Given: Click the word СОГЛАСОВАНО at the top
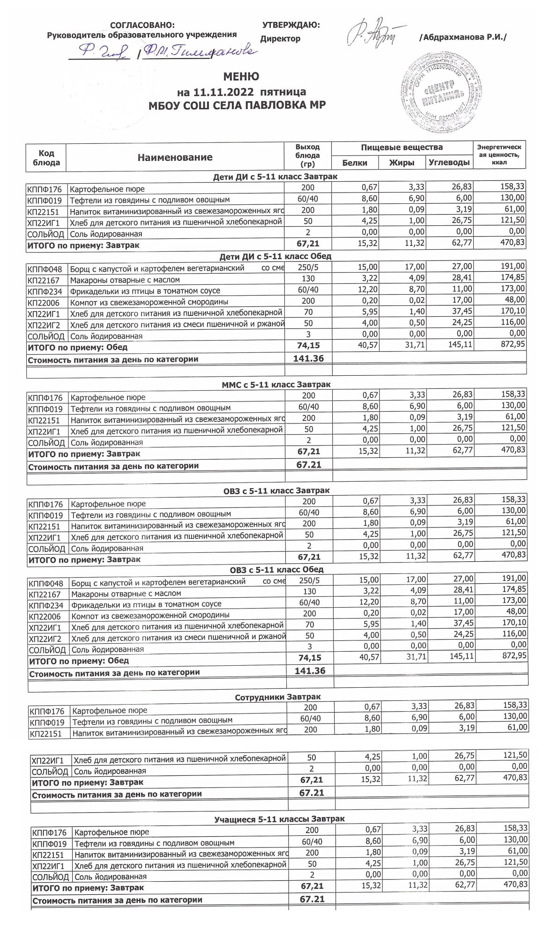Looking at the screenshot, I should [142, 25].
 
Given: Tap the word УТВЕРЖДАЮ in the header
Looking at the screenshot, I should [291, 25].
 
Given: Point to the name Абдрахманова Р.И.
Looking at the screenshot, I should [463, 37].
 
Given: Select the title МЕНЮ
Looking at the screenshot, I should [241, 76].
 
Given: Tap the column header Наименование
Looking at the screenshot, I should [175, 157].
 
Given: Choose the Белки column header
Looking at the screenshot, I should [355, 163].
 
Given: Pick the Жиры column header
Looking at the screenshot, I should [402, 163].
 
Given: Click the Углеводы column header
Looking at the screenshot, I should [449, 163].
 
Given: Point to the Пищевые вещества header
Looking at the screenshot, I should [402, 148].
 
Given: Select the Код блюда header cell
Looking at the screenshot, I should [46, 158].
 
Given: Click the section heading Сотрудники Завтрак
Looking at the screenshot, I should [277, 697].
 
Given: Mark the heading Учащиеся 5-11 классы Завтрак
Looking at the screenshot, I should [279, 819].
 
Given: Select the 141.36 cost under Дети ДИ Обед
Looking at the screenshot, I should [308, 358].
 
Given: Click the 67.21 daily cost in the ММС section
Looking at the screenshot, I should [308, 464].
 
